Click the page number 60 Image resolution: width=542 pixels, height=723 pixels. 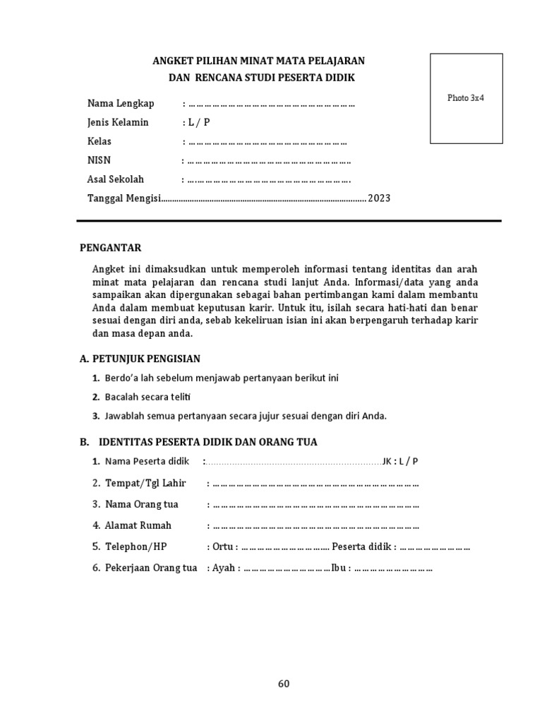(283, 683)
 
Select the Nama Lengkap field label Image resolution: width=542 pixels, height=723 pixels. (121, 104)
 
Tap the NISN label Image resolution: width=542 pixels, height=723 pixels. (100, 160)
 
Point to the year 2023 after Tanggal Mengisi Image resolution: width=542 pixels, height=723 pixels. (378, 198)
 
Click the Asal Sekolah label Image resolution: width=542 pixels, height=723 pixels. (116, 179)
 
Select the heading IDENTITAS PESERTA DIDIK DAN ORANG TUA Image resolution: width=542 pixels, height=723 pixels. (207, 442)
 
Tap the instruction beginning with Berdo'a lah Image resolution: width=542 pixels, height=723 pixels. (222, 378)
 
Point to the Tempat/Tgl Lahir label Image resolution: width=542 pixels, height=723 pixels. (145, 484)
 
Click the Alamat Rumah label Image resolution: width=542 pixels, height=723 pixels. (138, 525)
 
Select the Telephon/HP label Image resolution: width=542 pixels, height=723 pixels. (136, 546)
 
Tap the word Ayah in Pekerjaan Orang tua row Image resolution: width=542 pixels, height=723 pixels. (223, 568)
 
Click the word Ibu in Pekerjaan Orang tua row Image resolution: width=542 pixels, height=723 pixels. (339, 568)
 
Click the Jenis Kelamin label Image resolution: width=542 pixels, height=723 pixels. (118, 122)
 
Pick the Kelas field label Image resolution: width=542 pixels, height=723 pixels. (100, 141)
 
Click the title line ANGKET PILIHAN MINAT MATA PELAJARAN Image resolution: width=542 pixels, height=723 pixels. (259, 61)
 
